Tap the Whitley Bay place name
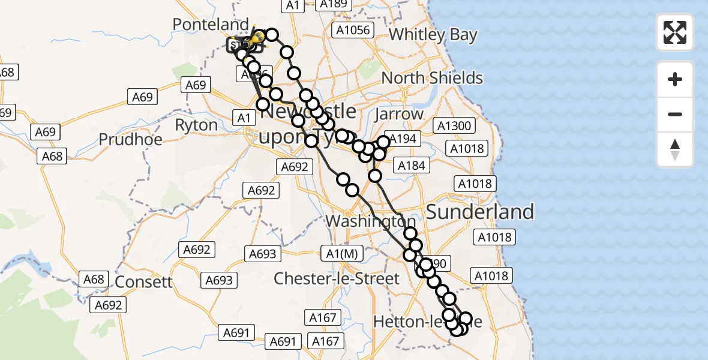coord(433,35)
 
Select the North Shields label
coord(432,78)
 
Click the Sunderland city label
coord(479,212)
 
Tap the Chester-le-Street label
coord(336,278)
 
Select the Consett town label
coord(143,282)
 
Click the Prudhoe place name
coord(130,140)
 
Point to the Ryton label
coord(196,125)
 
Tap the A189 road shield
coord(334,5)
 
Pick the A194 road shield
coord(401,139)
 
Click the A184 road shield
coord(410,166)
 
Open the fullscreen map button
coord(675,32)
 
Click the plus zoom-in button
coord(675,79)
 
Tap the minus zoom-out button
coord(675,114)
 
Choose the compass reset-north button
coord(675,149)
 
